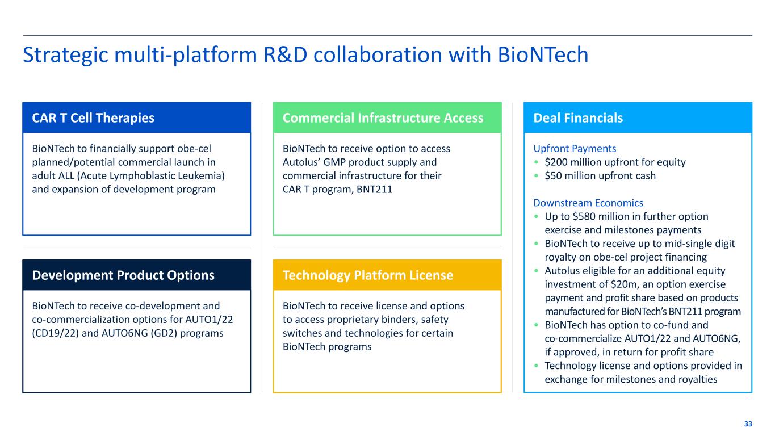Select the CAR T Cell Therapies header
pyautogui.click(x=93, y=118)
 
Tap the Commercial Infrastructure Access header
pyautogui.click(x=383, y=118)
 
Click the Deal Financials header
pyautogui.click(x=578, y=118)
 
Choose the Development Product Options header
pyautogui.click(x=123, y=275)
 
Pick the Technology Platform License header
pyautogui.click(x=368, y=275)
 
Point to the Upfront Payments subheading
pyautogui.click(x=575, y=149)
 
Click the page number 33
pyautogui.click(x=748, y=424)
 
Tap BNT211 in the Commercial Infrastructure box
pyautogui.click(x=371, y=190)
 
